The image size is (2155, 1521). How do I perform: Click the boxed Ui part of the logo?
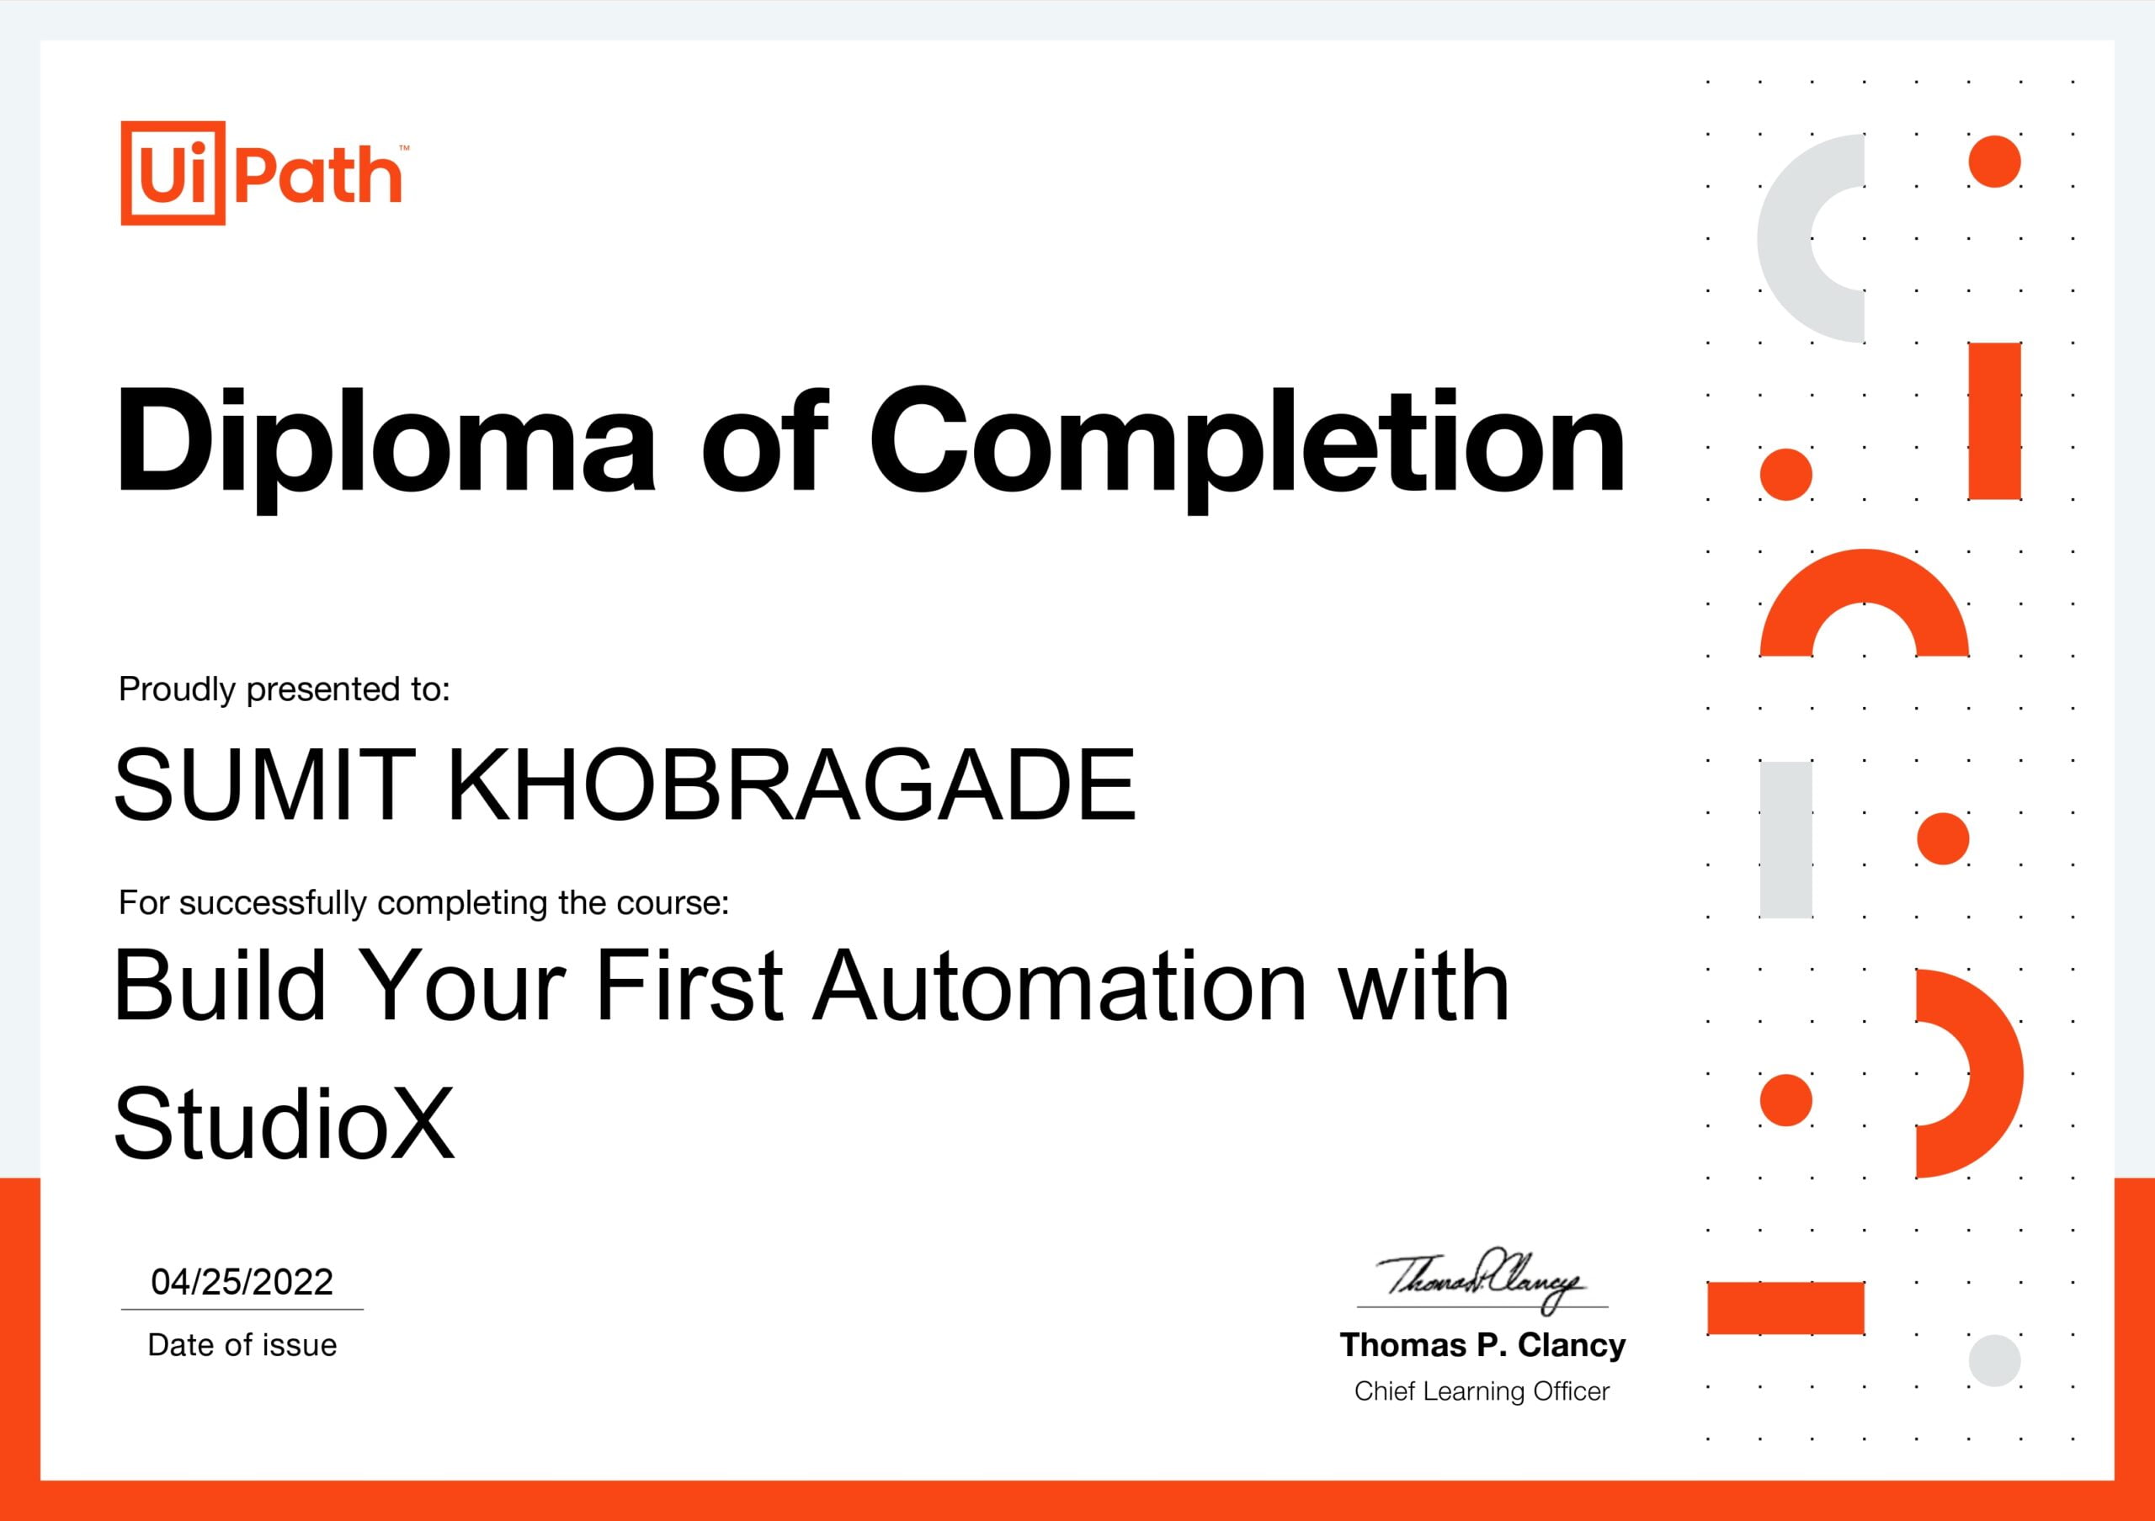[173, 173]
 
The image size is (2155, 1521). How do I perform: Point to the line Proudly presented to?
[285, 689]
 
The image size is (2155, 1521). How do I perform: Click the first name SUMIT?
[264, 784]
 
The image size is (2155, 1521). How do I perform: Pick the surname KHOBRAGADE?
[791, 784]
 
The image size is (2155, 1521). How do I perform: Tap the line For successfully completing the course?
[423, 902]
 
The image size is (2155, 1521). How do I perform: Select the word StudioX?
[284, 1123]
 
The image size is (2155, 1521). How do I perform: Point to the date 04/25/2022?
[242, 1282]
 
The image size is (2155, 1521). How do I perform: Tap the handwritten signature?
[1479, 1278]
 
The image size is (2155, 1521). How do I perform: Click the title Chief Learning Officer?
[1482, 1391]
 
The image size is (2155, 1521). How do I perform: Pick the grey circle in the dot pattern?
[1993, 1359]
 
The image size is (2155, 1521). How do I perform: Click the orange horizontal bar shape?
[1785, 1307]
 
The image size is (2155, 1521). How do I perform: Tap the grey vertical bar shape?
[1785, 839]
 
